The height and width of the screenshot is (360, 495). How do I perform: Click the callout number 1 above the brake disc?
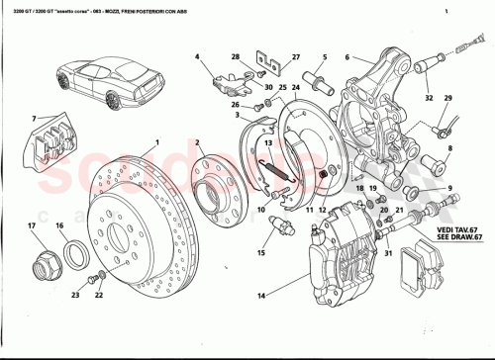click(156, 140)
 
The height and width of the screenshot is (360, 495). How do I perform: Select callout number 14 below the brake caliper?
click(260, 294)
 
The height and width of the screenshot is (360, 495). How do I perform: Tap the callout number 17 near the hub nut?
click(31, 227)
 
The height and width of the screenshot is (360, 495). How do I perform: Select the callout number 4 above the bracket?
click(197, 55)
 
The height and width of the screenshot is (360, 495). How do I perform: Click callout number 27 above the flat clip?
click(295, 57)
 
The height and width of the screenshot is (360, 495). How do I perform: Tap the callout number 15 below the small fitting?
click(261, 253)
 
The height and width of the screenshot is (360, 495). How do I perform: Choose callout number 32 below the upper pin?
click(428, 98)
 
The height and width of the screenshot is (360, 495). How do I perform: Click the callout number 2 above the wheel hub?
click(198, 142)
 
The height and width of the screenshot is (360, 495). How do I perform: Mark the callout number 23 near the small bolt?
click(75, 295)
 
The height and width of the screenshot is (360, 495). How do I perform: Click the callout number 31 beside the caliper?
click(389, 253)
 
